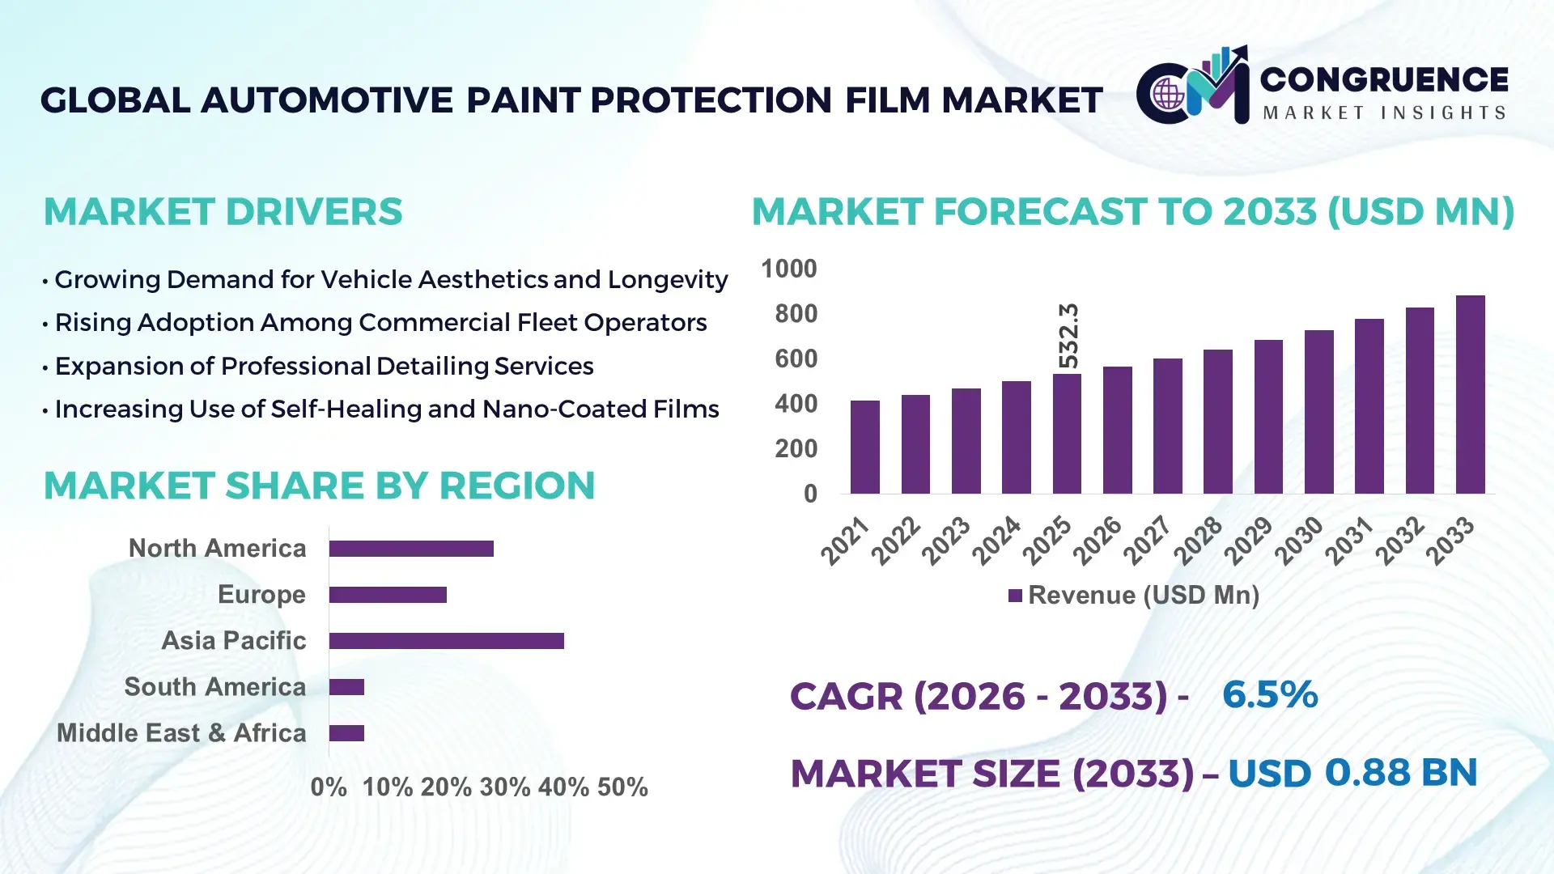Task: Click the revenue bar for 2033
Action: [1470, 395]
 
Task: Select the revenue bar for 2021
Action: [864, 447]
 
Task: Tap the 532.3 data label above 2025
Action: [1068, 336]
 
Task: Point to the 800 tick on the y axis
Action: [796, 314]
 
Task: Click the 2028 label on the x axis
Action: [1199, 540]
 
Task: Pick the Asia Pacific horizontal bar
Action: [446, 641]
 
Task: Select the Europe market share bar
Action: [388, 595]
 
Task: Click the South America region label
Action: [214, 687]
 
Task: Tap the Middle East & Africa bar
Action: [346, 733]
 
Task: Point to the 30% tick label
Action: [504, 787]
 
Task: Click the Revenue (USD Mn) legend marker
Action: [1015, 596]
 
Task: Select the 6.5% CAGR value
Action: [1269, 695]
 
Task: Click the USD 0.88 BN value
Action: [1352, 773]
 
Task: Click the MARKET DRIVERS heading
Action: [223, 212]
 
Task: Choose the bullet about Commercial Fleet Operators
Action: [380, 323]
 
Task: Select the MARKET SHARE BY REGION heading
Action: [319, 486]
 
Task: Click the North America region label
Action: [217, 549]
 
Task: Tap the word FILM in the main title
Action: [888, 101]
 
